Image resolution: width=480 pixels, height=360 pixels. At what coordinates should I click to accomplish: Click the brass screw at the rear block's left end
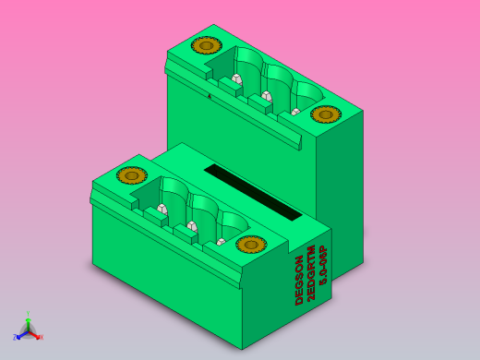click(x=206, y=45)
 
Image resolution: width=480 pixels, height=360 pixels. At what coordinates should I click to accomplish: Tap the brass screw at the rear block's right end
click(x=325, y=114)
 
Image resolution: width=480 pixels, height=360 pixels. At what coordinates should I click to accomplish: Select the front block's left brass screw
click(x=131, y=175)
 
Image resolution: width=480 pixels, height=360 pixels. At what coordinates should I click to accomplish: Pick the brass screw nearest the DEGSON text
click(x=250, y=244)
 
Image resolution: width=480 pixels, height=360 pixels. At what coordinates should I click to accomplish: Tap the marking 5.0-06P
click(x=323, y=263)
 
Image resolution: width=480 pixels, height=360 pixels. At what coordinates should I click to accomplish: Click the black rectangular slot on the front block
click(x=253, y=192)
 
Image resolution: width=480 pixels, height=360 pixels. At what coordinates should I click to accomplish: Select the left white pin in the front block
click(x=162, y=209)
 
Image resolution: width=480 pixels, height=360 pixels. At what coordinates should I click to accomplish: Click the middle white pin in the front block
click(x=192, y=226)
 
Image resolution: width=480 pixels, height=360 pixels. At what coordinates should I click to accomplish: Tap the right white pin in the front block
click(x=221, y=242)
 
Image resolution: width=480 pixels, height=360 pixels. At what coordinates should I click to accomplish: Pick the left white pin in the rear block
click(x=236, y=78)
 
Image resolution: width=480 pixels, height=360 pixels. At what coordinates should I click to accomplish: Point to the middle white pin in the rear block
click(x=267, y=95)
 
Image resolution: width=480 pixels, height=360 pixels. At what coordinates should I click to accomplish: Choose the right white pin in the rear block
click(x=295, y=112)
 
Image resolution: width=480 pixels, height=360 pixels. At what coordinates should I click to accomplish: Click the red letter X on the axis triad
click(x=41, y=337)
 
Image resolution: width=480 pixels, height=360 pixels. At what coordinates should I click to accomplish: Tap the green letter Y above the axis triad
click(x=28, y=314)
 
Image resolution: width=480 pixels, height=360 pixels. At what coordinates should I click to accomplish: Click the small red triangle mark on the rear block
click(x=210, y=95)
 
